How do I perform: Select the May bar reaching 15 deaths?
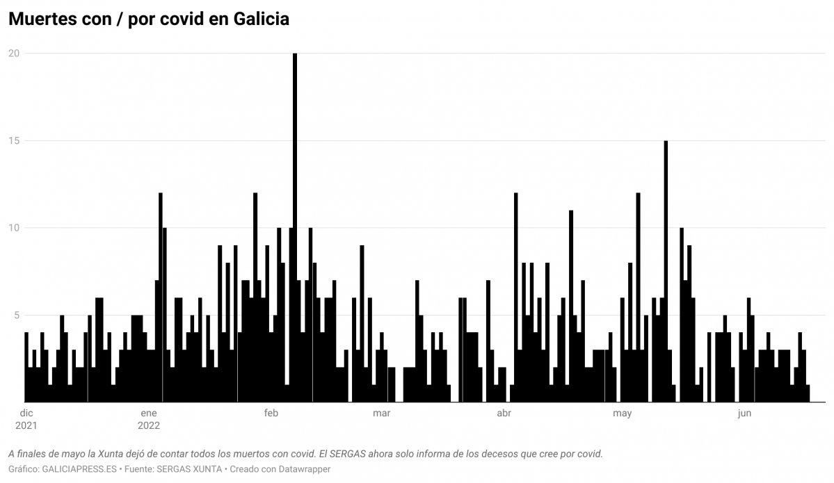coord(666,271)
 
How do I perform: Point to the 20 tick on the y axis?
coord(13,54)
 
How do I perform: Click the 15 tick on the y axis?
coord(13,140)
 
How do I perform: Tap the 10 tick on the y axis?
coord(13,228)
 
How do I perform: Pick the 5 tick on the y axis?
coord(15,315)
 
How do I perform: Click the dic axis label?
coord(26,414)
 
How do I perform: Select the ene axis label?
coord(148,414)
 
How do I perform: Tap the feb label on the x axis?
coord(271,414)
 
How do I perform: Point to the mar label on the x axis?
coord(381,414)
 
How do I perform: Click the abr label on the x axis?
coord(504,414)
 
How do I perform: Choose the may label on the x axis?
coord(622,414)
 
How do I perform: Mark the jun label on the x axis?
coord(744,414)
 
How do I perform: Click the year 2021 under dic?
coord(26,425)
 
